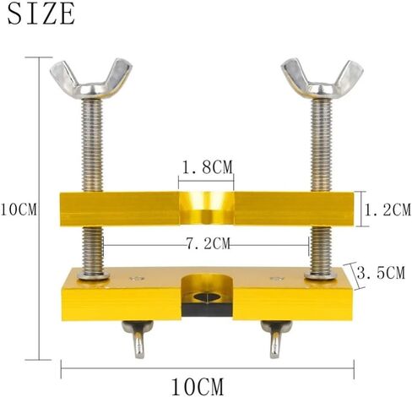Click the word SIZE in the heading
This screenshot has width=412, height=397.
point(41,14)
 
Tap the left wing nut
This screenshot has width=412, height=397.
point(91,79)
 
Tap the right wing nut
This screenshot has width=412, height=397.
point(322,79)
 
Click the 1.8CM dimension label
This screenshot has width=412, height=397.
point(208,167)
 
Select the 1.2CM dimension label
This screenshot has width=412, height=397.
point(388,210)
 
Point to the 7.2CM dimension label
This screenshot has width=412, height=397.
point(209,244)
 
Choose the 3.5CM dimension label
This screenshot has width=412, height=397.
point(382,272)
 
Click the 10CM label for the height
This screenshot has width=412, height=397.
point(19,209)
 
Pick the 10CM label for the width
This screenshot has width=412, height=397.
point(198,387)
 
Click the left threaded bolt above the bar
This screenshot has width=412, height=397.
point(92,145)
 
